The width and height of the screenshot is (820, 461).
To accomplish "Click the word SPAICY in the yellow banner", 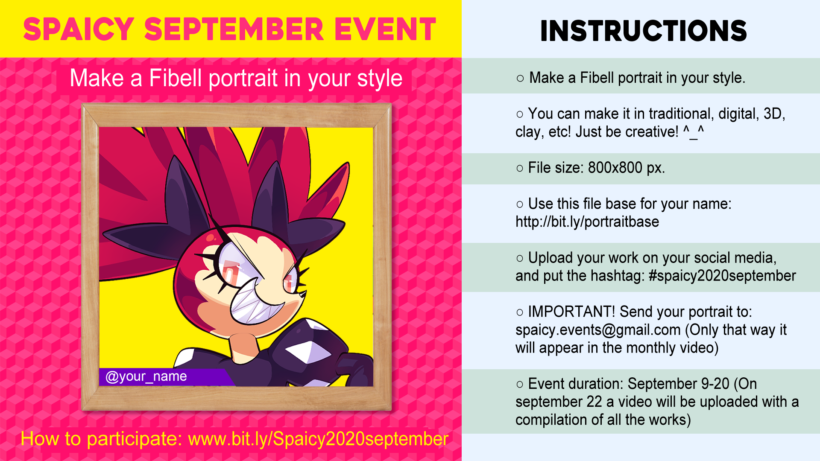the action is tap(79, 29).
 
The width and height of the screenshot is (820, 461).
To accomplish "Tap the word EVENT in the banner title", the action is tap(385, 29).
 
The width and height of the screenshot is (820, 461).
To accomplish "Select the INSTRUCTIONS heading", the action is tap(644, 31).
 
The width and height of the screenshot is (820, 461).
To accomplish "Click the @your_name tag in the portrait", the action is tap(146, 376).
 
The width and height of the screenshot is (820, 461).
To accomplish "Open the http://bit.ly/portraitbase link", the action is tap(587, 222).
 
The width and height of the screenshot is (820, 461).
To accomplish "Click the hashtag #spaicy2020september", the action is tap(722, 276).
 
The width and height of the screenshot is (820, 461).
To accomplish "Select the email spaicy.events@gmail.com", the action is tap(598, 330).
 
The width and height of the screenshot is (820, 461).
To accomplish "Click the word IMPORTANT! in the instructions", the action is tap(571, 312).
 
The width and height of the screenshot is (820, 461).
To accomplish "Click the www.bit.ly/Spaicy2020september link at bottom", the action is tap(318, 439).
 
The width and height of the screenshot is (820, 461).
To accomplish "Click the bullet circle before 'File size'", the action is tap(520, 168).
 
